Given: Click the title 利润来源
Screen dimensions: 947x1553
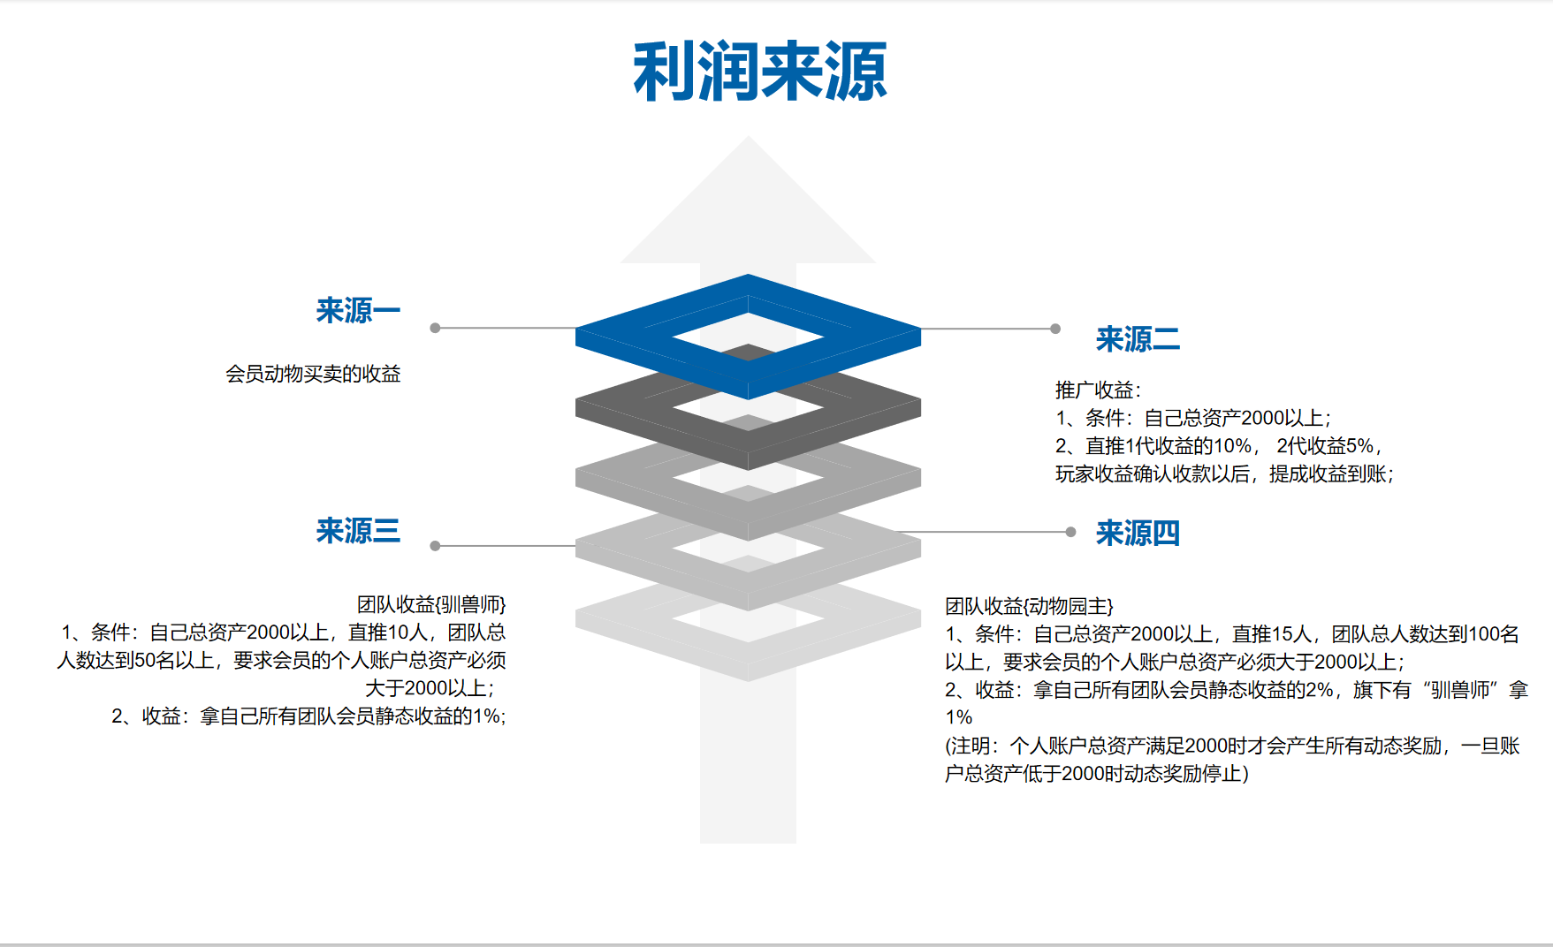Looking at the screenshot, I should click(759, 72).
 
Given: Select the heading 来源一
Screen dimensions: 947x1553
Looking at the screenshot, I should click(358, 311).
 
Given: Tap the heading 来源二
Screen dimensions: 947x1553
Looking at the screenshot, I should click(1138, 339).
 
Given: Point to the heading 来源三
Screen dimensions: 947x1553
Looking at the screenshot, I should click(358, 531).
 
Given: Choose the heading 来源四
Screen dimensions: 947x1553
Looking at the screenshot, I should click(1138, 534).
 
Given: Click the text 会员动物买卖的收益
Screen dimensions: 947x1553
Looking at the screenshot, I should click(313, 374).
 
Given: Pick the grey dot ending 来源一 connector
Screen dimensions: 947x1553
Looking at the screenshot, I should click(435, 328).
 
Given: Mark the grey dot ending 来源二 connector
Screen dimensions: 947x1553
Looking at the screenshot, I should click(1055, 329).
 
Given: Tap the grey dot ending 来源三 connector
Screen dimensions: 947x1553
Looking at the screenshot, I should click(435, 546).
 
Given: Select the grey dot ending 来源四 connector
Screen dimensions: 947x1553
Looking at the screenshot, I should click(1070, 532).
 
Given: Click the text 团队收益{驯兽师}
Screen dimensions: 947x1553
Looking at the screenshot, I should click(431, 604).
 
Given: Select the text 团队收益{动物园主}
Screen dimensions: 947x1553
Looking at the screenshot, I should click(1029, 606).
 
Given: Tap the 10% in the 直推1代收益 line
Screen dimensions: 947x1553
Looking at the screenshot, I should click(1232, 446).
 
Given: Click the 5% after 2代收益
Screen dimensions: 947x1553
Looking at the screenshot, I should click(1359, 446).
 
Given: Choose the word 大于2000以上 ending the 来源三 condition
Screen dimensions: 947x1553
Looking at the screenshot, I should click(429, 688).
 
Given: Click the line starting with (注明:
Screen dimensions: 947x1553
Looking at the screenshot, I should click(1232, 746).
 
